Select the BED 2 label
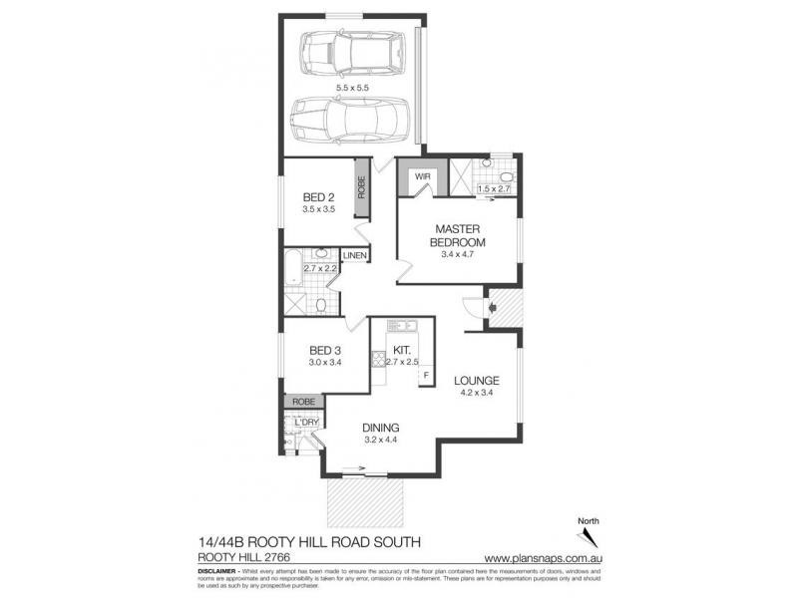pyautogui.click(x=318, y=198)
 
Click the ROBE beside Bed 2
pyautogui.click(x=361, y=189)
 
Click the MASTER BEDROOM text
pyautogui.click(x=457, y=234)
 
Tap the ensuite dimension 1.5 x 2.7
pyautogui.click(x=494, y=189)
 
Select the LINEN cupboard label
pyautogui.click(x=355, y=256)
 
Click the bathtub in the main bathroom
pyautogui.click(x=293, y=267)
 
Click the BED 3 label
pyautogui.click(x=325, y=351)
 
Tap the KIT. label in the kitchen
pyautogui.click(x=402, y=351)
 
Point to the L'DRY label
pyautogui.click(x=306, y=423)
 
